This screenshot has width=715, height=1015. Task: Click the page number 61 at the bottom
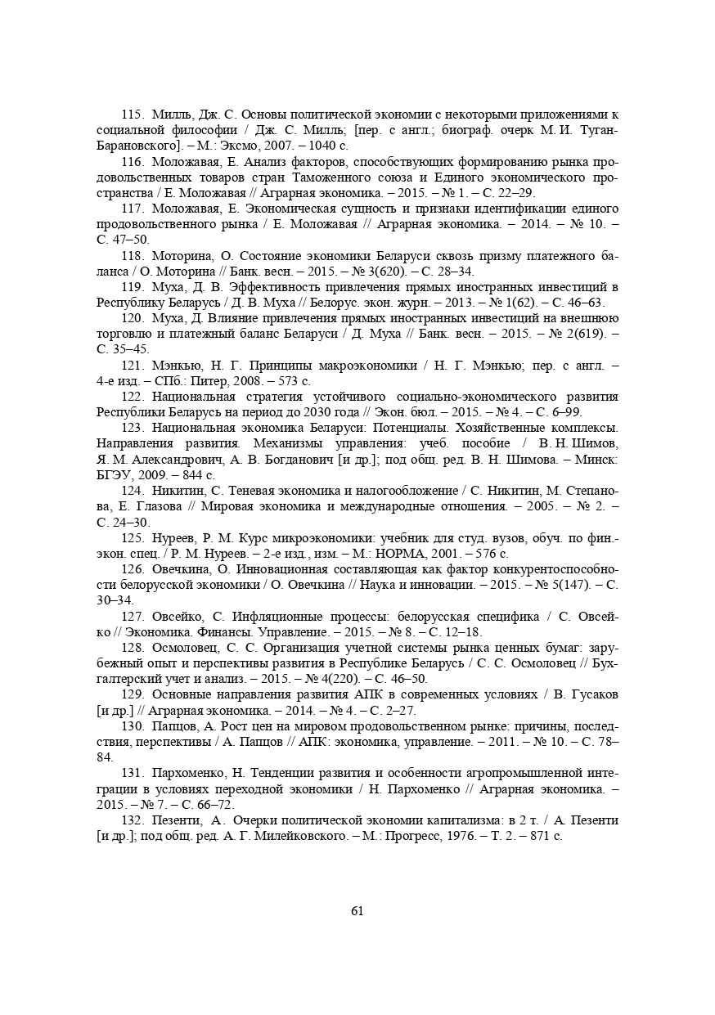pos(357,911)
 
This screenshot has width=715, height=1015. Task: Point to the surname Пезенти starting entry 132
pos(177,819)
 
